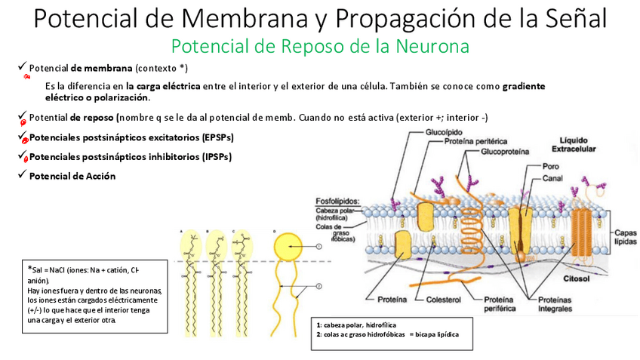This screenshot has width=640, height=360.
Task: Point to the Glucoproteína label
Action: pos(506,151)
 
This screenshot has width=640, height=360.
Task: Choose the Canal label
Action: pos(552,179)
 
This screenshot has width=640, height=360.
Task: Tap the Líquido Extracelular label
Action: pos(579,144)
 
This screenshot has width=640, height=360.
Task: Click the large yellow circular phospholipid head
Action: pos(289,246)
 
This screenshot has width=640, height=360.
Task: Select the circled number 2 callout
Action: pos(318,286)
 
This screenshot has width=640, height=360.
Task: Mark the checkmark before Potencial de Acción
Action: pos(22,176)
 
